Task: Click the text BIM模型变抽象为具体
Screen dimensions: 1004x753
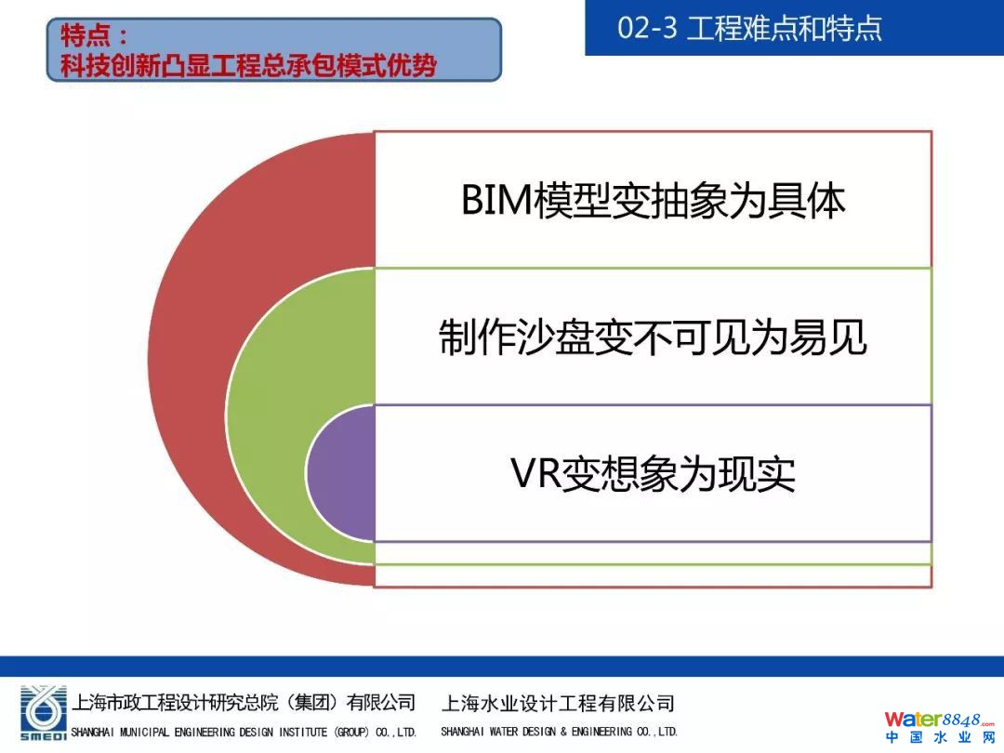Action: [x=654, y=201]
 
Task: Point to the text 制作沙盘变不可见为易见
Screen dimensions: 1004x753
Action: [x=653, y=337]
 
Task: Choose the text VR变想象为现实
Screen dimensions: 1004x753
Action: [x=653, y=474]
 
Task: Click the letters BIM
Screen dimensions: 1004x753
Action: [x=496, y=201]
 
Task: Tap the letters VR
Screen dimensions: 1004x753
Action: [x=535, y=474]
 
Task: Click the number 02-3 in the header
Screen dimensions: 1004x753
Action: [x=647, y=28]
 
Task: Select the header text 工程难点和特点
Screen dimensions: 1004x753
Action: [x=785, y=28]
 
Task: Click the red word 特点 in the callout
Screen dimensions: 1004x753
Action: [x=86, y=35]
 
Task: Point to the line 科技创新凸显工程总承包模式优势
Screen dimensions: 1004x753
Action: [x=248, y=65]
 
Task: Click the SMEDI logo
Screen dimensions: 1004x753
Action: [x=43, y=713]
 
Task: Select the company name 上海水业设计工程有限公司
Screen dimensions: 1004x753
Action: [x=558, y=703]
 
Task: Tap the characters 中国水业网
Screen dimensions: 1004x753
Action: [x=939, y=737]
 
